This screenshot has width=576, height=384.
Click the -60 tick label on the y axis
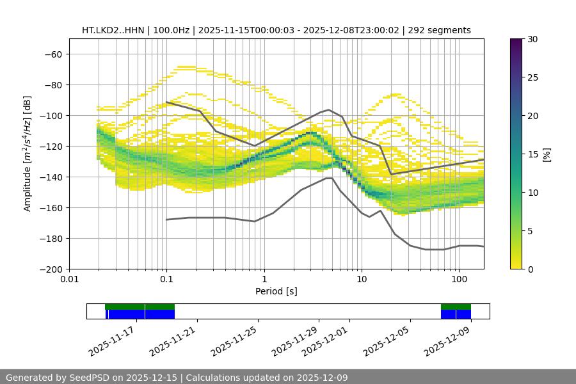tap(53, 54)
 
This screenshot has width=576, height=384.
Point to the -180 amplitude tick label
tap(51, 238)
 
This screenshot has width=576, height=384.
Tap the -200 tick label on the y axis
tap(51, 269)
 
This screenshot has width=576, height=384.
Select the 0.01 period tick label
tap(69, 280)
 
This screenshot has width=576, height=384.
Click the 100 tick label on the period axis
tap(459, 280)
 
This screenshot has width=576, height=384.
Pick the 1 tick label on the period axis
tap(264, 280)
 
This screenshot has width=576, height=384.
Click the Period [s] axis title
tap(276, 291)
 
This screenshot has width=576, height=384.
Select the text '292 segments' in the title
tap(442, 30)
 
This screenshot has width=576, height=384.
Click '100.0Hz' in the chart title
tap(173, 30)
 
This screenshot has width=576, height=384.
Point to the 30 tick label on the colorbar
tap(532, 39)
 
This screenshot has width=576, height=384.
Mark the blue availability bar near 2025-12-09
tap(456, 314)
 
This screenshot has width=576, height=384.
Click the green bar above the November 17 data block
tap(140, 307)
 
